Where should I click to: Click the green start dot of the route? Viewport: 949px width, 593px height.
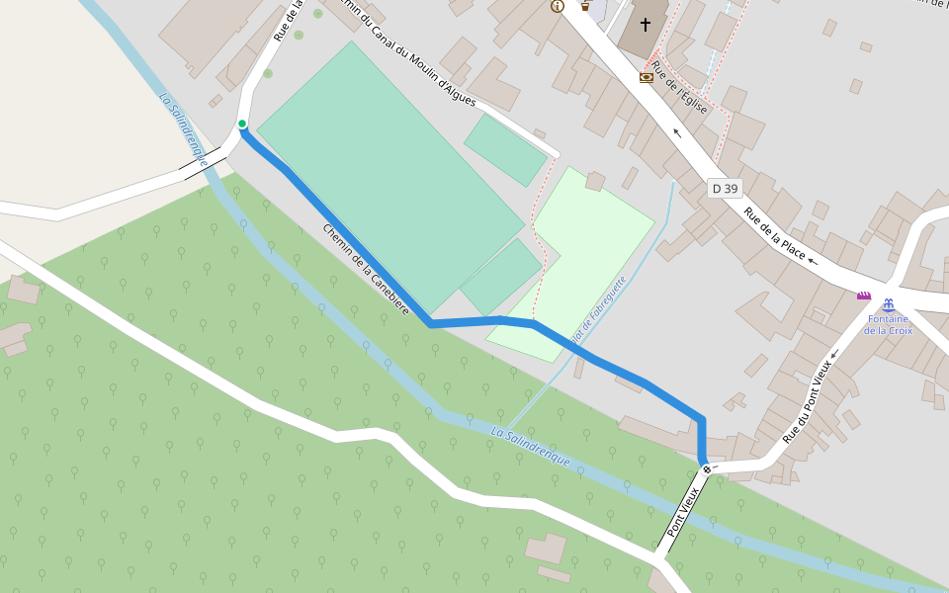[x=242, y=124]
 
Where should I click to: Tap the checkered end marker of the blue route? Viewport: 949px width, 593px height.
[x=706, y=468]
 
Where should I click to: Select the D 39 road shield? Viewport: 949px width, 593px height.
[x=725, y=188]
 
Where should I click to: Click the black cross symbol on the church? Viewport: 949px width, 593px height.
[x=646, y=24]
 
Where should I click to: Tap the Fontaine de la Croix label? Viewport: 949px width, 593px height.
[x=888, y=324]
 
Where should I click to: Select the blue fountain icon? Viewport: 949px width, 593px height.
[x=888, y=305]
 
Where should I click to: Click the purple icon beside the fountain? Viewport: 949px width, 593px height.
[x=864, y=296]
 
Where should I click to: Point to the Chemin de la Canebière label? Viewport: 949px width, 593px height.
[x=365, y=269]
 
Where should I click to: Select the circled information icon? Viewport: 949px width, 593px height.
[x=558, y=6]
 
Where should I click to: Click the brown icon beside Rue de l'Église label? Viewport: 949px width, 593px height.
[x=647, y=76]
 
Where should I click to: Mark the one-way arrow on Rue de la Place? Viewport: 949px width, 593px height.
[x=813, y=262]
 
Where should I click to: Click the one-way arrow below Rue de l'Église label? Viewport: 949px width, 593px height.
[x=677, y=131]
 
